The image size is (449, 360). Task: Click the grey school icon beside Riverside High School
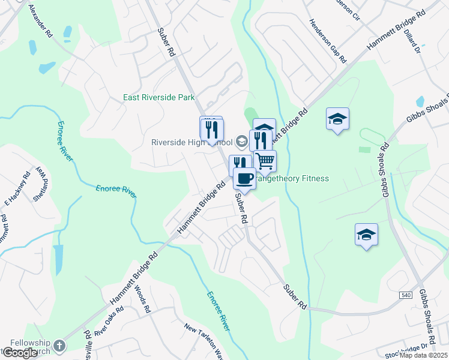tap(241, 142)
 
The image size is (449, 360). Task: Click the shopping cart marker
tap(265, 161)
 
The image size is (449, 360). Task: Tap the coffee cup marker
tap(244, 178)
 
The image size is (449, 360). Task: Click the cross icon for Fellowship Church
tap(59, 346)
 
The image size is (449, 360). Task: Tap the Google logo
tap(20, 353)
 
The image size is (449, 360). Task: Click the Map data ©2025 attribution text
tap(424, 355)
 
